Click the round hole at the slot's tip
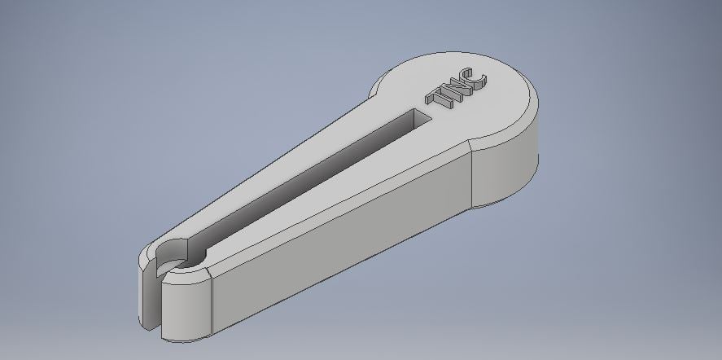coord(188,264)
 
